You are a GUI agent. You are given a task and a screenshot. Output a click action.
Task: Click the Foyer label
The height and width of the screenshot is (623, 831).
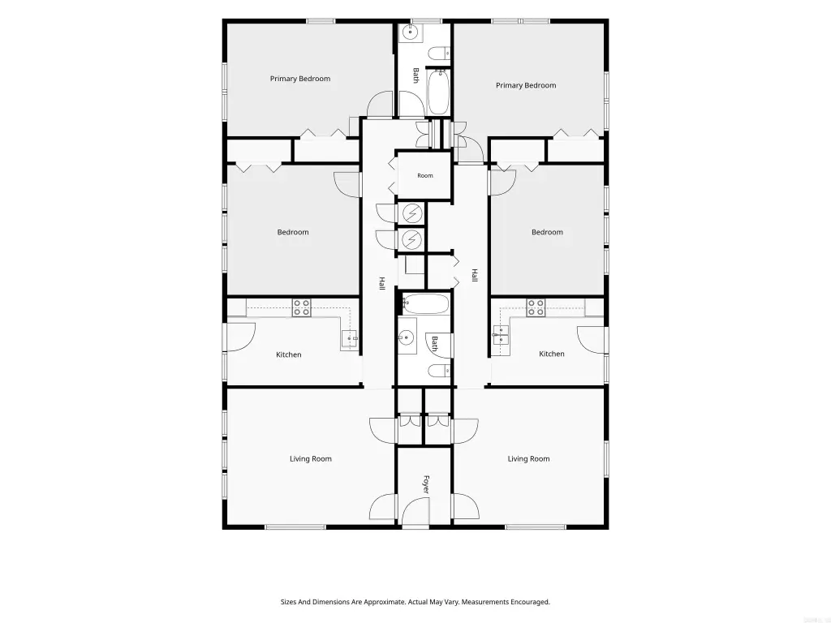(x=425, y=484)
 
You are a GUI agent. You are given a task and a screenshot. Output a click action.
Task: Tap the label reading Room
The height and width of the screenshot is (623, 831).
(x=425, y=175)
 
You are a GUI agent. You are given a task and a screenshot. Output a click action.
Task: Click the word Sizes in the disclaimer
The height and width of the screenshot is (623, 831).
(x=289, y=602)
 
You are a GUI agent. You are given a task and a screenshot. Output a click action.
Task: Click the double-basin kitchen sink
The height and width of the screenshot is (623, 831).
(x=501, y=335)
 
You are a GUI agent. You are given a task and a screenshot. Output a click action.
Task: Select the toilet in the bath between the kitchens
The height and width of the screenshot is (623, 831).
(x=439, y=370)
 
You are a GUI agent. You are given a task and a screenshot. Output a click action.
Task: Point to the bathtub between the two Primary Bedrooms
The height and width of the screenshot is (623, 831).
(x=438, y=92)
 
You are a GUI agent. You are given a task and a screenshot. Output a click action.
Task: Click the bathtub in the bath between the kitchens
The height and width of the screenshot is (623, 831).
(x=425, y=304)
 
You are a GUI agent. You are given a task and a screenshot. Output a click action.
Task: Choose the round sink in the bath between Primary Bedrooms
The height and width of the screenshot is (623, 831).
(x=410, y=32)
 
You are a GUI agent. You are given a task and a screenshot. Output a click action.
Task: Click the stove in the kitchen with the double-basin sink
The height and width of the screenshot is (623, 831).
(x=536, y=307)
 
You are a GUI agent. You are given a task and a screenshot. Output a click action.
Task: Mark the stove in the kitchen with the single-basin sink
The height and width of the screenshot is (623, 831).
(x=302, y=307)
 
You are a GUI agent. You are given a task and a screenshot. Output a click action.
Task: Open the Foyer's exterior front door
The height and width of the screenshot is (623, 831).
(x=415, y=513)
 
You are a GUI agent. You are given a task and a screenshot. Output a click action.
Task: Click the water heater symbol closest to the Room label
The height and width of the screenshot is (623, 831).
(x=411, y=213)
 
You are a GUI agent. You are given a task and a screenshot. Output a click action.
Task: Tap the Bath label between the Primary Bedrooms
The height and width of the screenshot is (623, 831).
(x=416, y=75)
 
